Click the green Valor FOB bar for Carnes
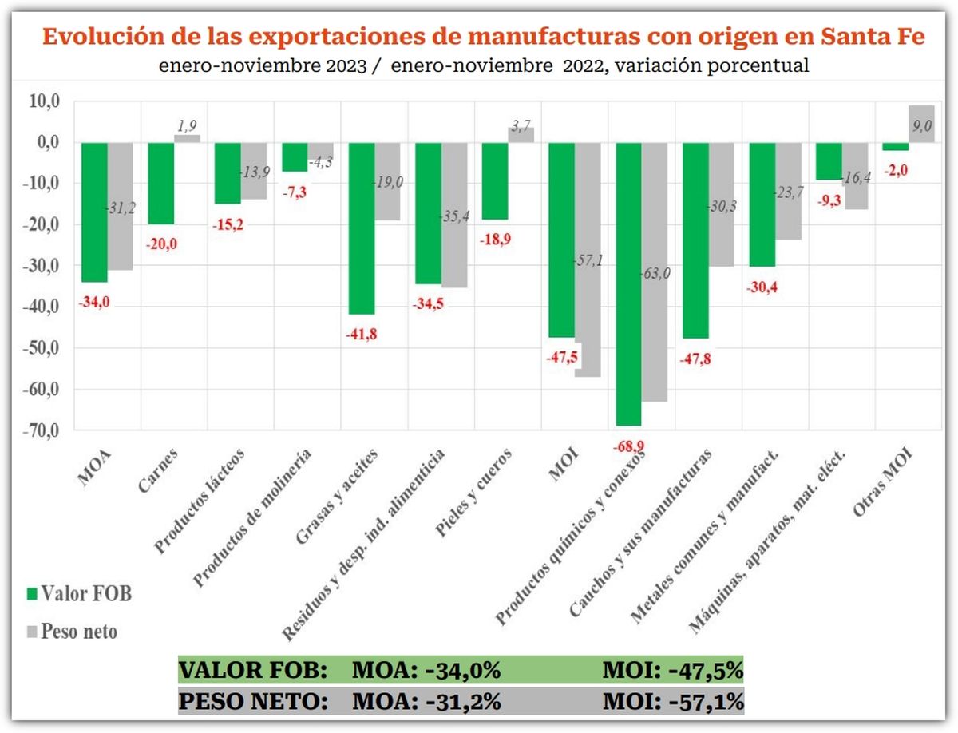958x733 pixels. (161, 183)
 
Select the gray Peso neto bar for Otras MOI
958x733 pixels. (899, 124)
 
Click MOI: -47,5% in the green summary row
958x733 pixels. (672, 670)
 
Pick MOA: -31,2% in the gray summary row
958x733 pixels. (426, 702)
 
